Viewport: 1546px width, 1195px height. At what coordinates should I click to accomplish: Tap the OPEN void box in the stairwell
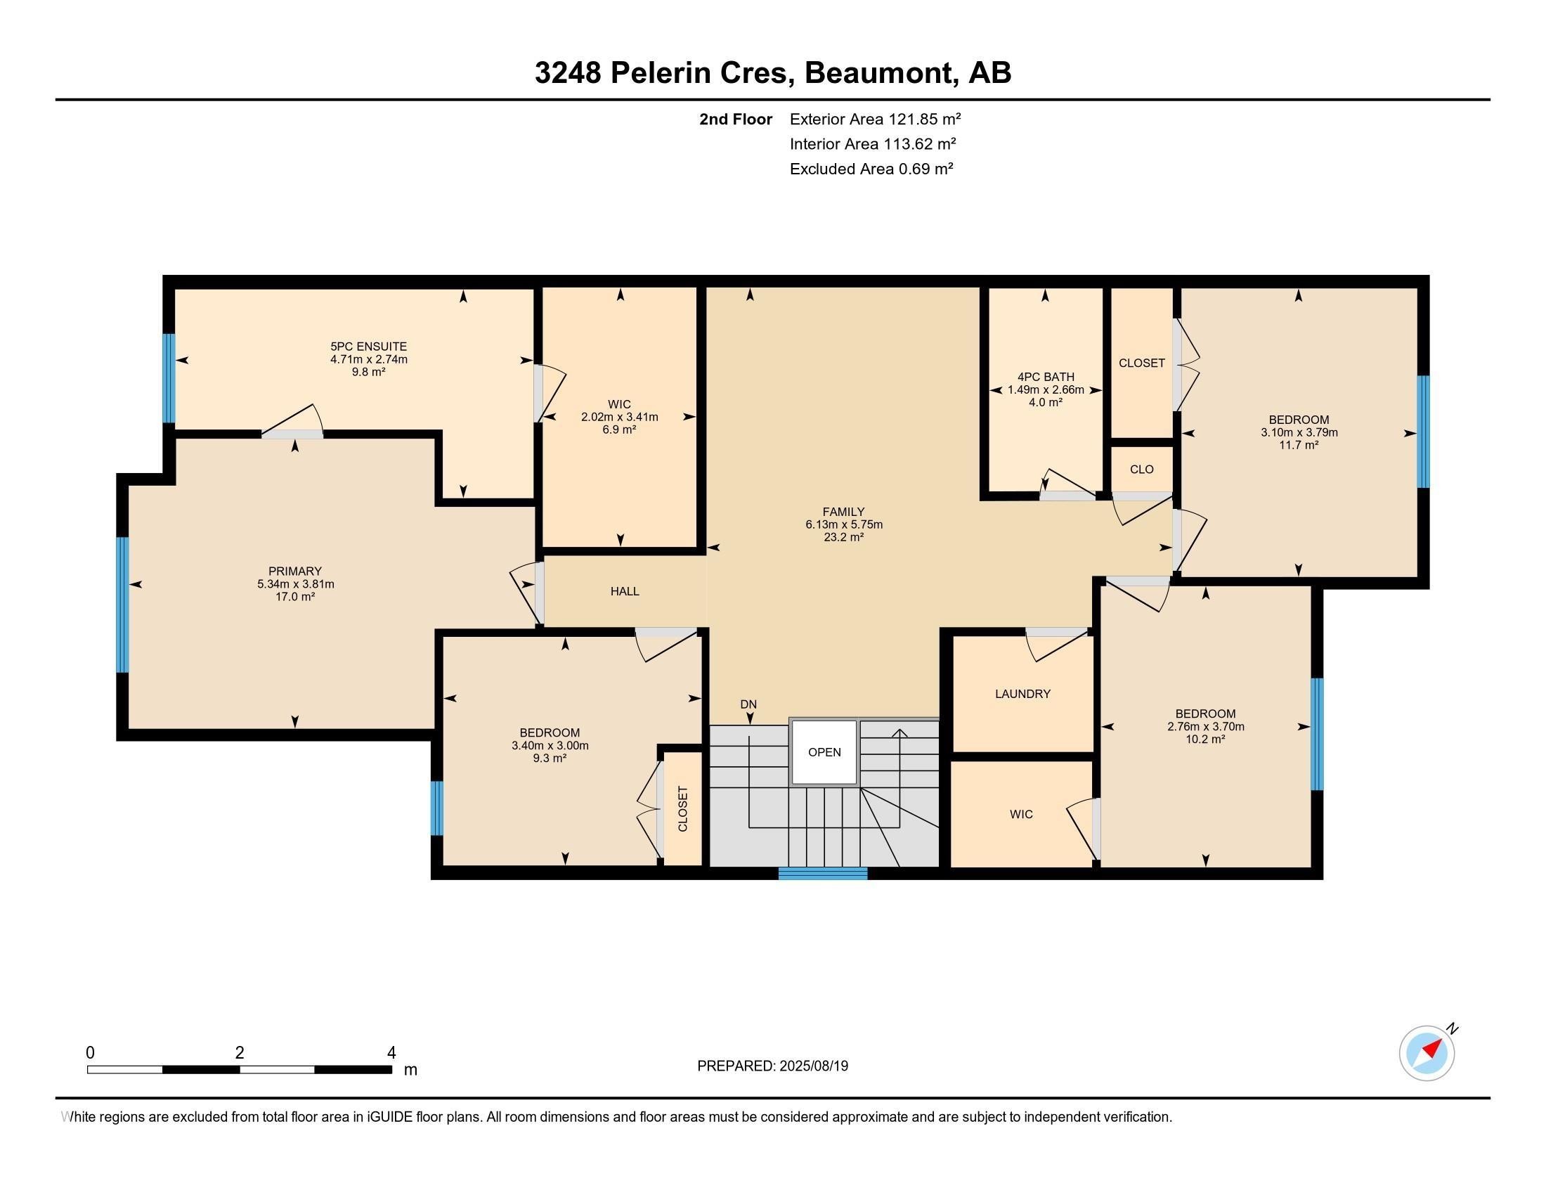824,752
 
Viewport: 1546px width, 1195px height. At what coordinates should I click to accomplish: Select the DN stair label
748,704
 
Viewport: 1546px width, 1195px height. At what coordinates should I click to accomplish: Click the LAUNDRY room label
1022,694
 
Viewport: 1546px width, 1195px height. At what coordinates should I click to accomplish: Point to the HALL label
624,591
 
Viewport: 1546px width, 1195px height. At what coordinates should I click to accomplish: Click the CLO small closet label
1141,470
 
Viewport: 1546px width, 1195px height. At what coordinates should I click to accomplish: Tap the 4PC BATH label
1046,377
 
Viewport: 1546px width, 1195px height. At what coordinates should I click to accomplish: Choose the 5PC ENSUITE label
369,346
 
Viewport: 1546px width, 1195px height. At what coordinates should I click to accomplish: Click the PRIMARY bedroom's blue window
122,604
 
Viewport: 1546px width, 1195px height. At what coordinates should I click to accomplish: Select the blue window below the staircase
823,873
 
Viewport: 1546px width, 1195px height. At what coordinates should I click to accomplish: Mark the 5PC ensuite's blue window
169,378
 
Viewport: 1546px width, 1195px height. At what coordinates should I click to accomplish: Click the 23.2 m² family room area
843,537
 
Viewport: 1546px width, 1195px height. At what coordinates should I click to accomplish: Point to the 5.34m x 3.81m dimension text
296,584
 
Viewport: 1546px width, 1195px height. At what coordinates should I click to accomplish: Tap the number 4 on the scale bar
391,1052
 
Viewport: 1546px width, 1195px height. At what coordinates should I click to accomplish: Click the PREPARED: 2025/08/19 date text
772,1066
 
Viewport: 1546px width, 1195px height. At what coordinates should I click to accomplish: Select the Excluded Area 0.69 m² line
871,169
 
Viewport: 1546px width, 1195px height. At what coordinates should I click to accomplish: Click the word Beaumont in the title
878,73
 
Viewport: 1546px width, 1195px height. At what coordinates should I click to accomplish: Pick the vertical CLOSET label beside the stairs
682,808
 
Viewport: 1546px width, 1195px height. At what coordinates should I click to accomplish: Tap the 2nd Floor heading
736,119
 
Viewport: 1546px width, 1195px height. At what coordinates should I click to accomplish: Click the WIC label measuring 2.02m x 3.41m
619,404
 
